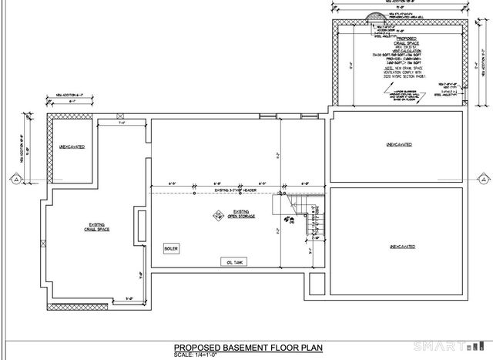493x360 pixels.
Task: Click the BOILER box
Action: pos(171,248)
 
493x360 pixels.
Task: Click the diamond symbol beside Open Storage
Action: pos(218,215)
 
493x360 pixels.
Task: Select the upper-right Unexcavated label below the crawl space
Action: pos(397,144)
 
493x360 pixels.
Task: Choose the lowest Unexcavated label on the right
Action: pos(397,247)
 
